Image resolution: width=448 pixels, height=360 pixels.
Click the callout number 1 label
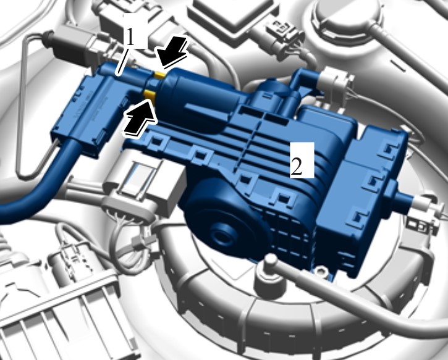pyautogui.click(x=130, y=37)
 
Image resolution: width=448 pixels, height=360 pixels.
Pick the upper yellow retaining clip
pyautogui.click(x=159, y=75)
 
